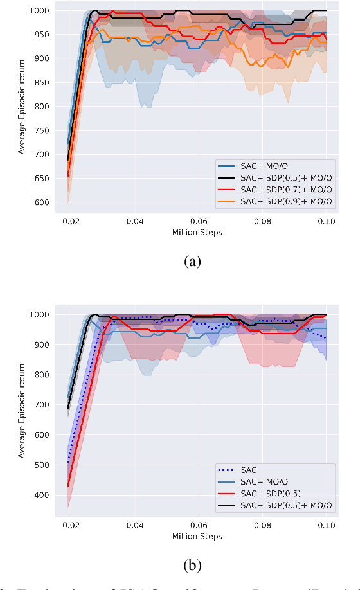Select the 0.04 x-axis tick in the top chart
(135, 222)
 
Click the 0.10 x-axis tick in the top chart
(326, 222)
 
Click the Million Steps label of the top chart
(197, 232)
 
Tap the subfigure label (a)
(193, 262)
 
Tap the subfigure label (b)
(193, 566)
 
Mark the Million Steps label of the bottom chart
(197, 536)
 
